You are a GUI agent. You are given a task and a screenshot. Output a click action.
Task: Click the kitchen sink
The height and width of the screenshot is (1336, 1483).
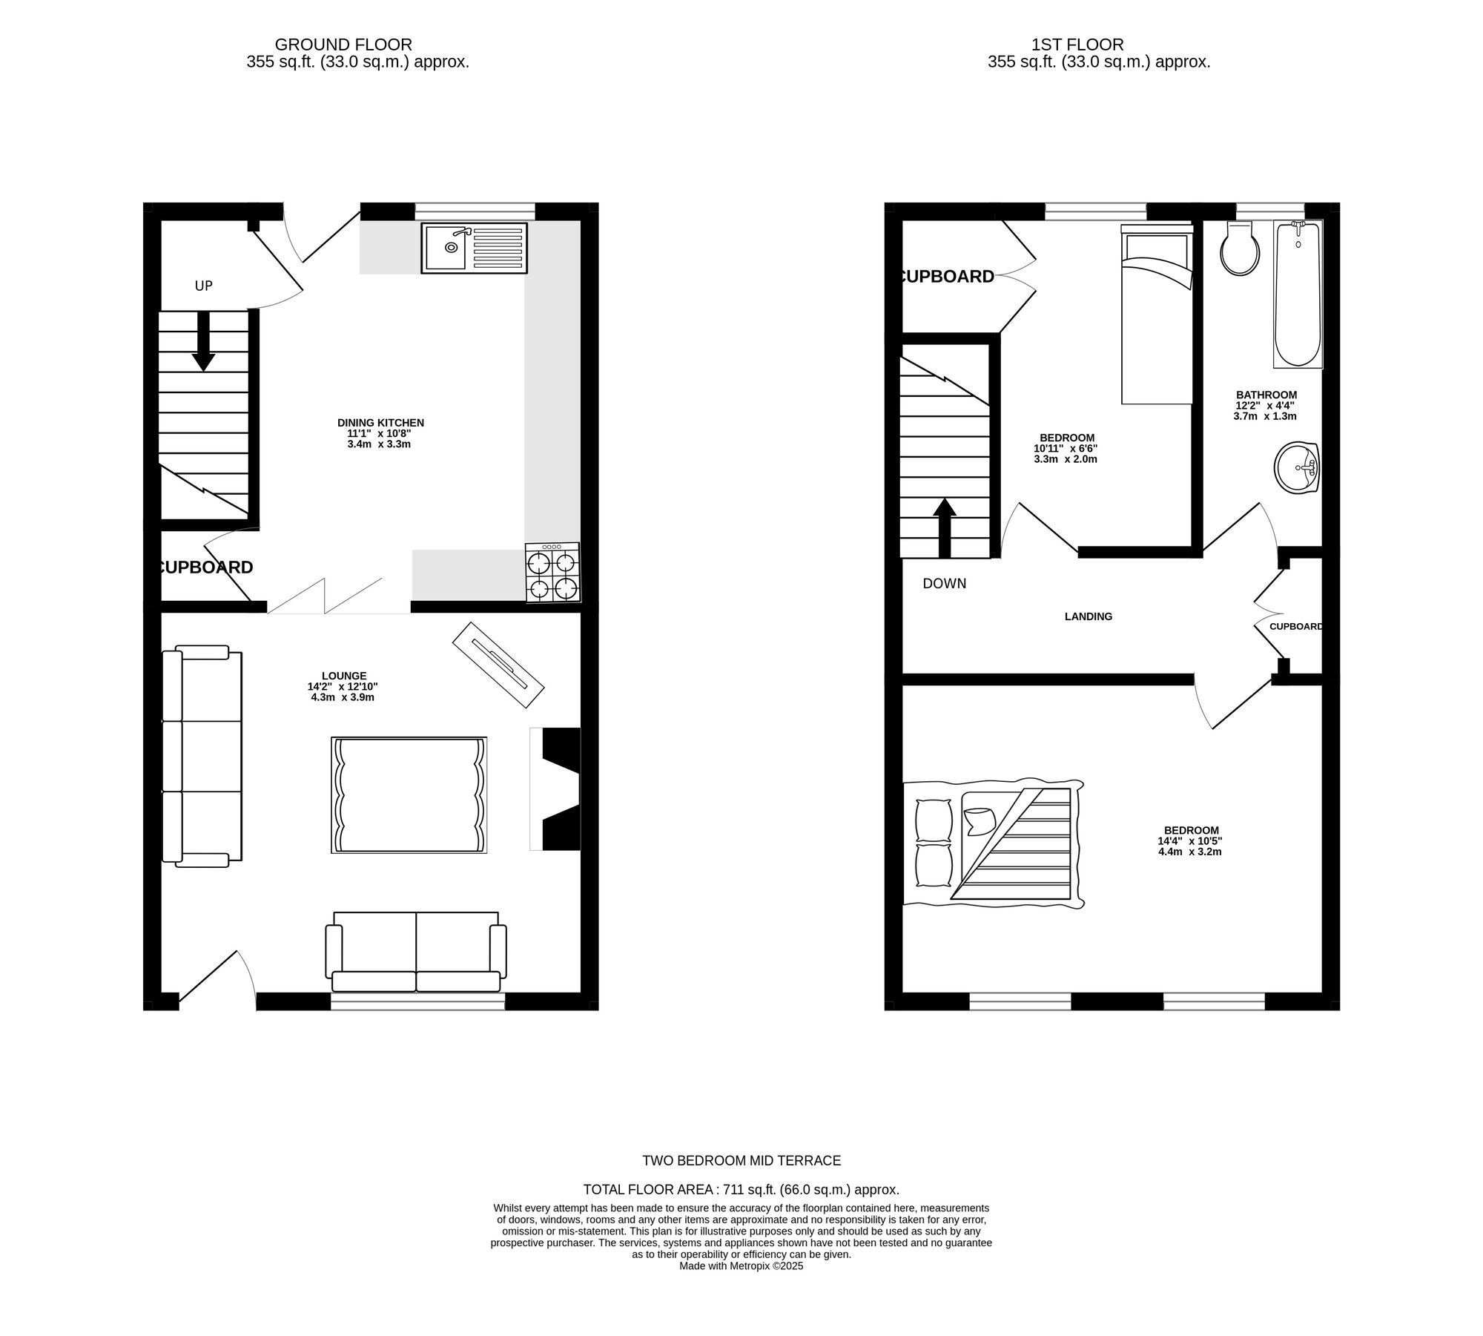click(475, 247)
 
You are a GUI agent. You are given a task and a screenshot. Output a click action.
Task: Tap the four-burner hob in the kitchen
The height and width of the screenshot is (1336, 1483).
click(552, 573)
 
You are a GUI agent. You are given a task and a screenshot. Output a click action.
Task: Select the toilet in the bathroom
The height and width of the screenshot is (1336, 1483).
click(1240, 248)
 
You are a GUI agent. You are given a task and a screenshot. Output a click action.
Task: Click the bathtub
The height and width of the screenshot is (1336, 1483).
click(1298, 294)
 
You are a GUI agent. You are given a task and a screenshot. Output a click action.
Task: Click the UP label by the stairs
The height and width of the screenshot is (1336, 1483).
click(204, 286)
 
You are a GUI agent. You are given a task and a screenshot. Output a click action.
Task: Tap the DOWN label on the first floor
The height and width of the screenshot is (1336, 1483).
click(944, 584)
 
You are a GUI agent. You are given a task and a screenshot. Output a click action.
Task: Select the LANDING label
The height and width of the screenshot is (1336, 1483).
click(1089, 616)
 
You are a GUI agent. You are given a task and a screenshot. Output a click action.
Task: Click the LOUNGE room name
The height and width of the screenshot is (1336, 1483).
click(344, 676)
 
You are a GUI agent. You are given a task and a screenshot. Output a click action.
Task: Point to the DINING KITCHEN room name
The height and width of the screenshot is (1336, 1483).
click(380, 423)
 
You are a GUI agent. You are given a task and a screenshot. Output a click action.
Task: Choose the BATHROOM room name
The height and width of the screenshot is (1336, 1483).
click(1266, 395)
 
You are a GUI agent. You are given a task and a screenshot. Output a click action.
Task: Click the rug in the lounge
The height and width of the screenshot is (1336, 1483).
click(409, 795)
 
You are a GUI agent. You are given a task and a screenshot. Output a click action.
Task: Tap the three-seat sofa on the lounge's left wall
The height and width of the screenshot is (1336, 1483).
click(202, 756)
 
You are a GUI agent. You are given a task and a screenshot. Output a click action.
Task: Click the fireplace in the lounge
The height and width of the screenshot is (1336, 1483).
click(555, 789)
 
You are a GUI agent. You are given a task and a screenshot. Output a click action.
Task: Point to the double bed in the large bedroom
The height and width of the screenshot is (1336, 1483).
click(993, 843)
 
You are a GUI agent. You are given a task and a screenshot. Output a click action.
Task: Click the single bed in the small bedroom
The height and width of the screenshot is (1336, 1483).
click(1157, 315)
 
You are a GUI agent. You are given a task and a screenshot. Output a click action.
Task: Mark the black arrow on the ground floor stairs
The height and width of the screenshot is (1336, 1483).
click(203, 341)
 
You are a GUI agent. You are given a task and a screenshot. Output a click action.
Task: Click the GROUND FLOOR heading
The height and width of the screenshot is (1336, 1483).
click(343, 45)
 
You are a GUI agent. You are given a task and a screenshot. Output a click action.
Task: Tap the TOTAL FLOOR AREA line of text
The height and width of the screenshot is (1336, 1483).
click(741, 1211)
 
